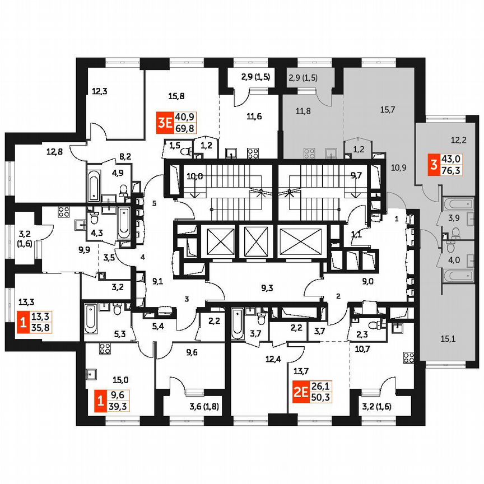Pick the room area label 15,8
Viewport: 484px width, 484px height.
click(176, 96)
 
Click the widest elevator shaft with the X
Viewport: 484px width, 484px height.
click(300, 242)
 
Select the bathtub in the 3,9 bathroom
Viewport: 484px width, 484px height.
click(458, 204)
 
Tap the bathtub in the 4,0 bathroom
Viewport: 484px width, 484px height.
click(458, 275)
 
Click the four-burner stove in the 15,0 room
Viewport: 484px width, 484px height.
click(104, 348)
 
